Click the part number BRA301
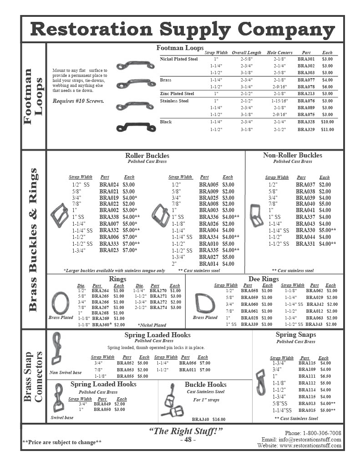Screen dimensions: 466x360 coord(306,59)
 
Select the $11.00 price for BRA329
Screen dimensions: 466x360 coord(327,130)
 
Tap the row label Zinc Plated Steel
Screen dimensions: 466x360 coord(177,94)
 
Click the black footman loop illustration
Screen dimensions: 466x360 coord(130,127)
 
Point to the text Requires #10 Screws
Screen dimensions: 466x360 coord(78,101)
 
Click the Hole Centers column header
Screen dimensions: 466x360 coord(279,53)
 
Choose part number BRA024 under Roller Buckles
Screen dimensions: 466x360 coord(109,185)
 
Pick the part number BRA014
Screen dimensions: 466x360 coord(208,264)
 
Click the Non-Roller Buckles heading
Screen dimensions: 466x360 coord(292,155)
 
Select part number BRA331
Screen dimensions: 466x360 coord(305,244)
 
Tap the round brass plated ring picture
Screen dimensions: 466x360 coord(61,302)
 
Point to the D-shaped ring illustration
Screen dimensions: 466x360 coord(203,302)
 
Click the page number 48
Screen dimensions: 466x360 coord(188,440)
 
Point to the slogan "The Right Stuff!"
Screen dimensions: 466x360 coord(186,431)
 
